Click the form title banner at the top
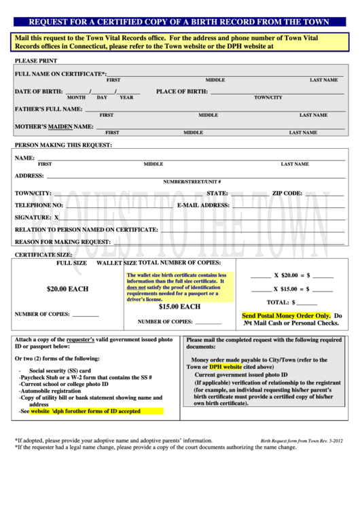(179, 22)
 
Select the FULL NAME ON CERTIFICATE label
(60, 73)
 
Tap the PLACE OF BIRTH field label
(181, 91)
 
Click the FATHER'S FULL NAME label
(49, 109)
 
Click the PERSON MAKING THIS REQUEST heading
(63, 145)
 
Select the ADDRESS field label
(29, 175)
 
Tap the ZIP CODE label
(287, 193)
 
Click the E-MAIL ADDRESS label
(203, 205)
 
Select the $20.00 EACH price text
(67, 289)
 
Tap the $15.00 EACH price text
(179, 306)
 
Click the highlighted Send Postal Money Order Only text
(286, 316)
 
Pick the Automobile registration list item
(50, 391)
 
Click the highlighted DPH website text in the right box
(225, 367)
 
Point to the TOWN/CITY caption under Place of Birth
(268, 98)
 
